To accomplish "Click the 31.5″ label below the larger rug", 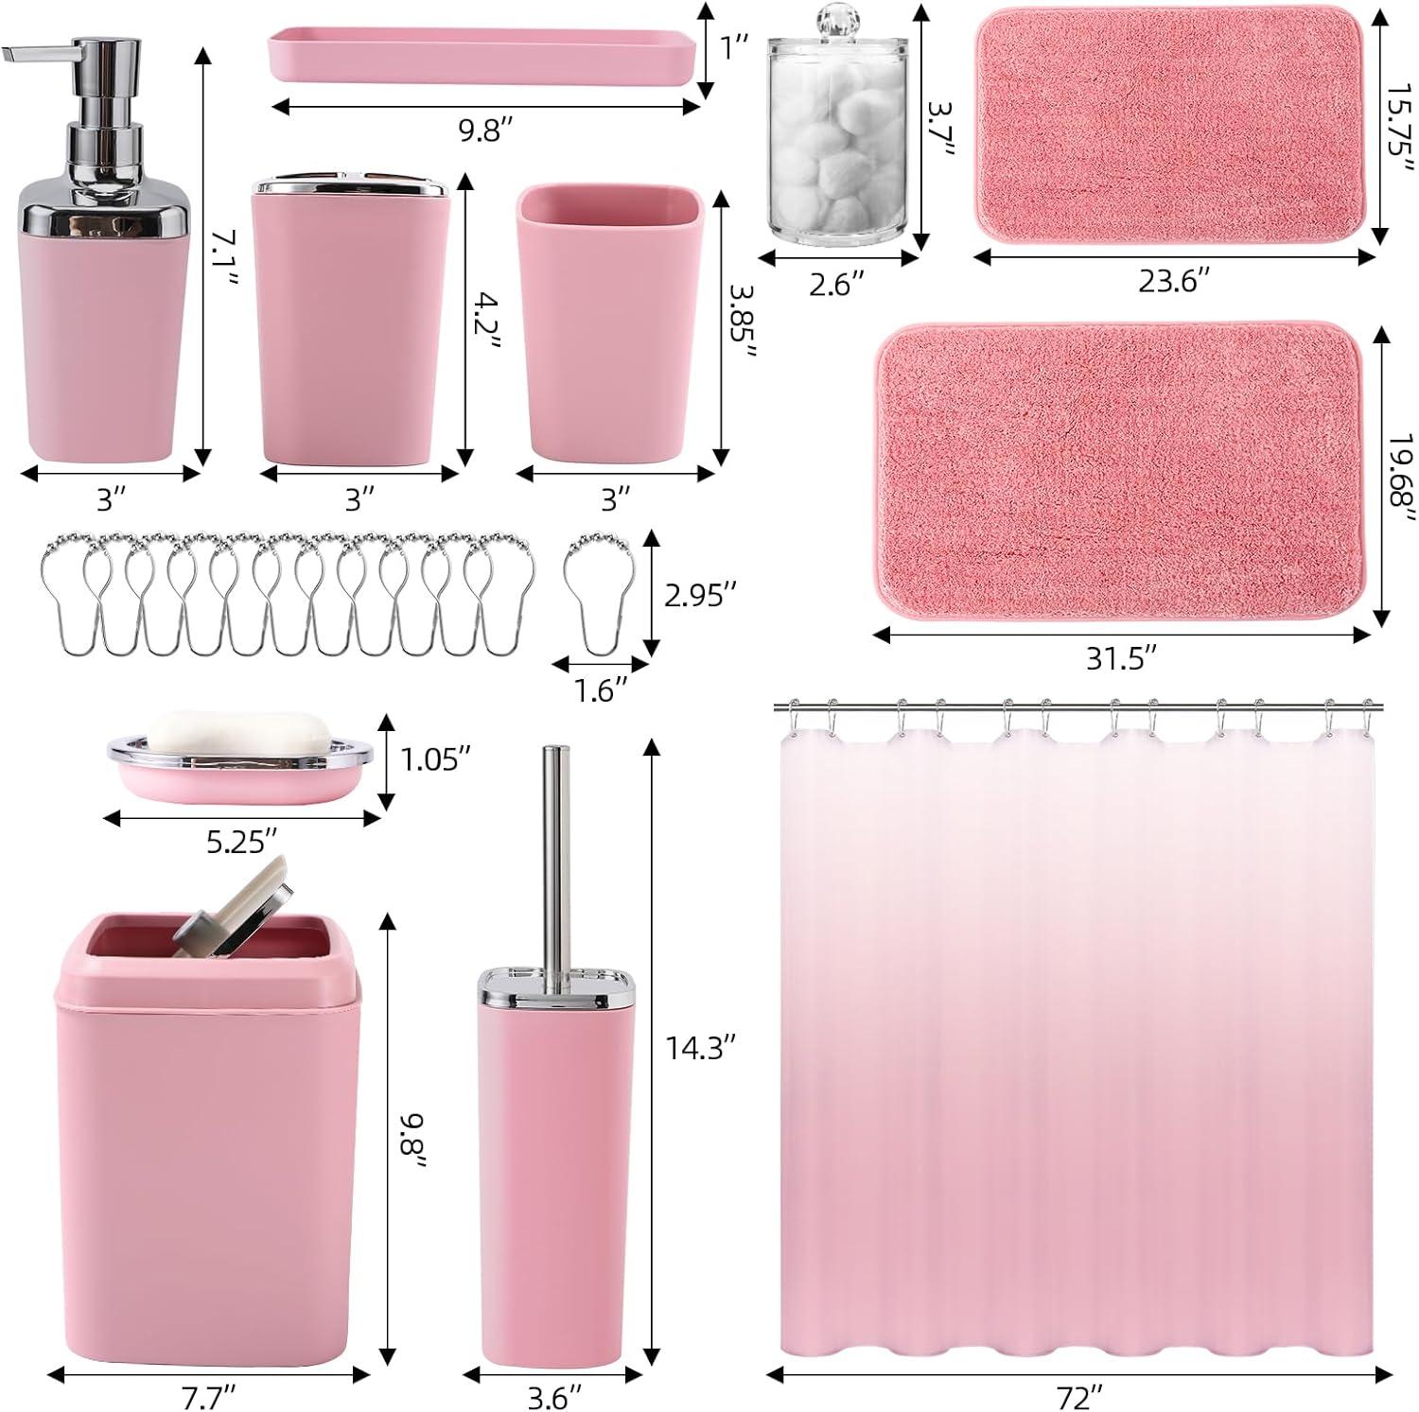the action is [1121, 657].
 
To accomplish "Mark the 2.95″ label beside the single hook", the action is [701, 594].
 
